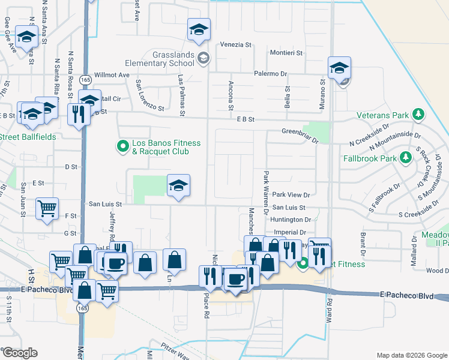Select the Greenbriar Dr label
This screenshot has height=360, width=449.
300,134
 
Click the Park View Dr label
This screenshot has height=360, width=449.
291,194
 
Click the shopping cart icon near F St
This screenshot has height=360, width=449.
47,208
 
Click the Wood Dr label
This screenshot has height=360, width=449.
437,271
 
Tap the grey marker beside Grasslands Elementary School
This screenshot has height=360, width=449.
203,58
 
